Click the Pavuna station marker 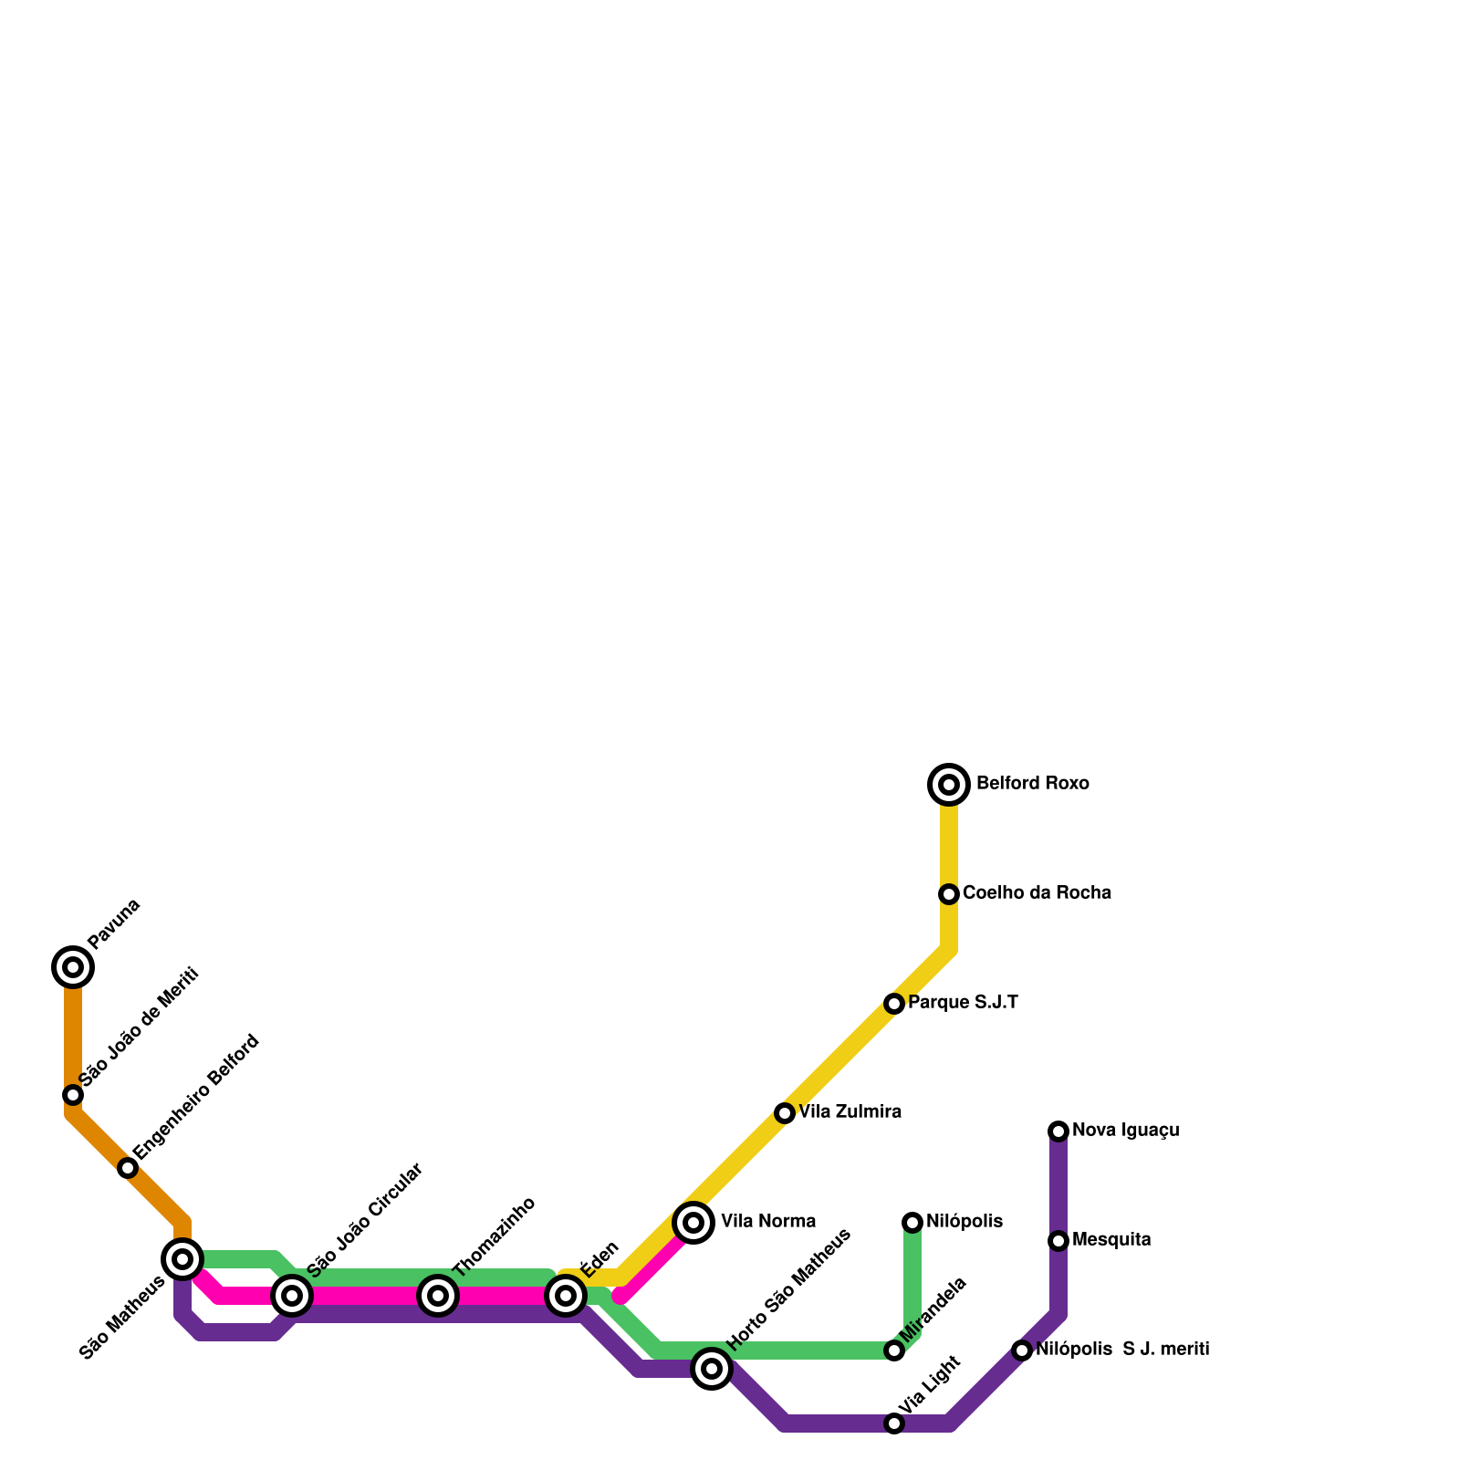[73, 967]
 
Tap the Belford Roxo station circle [949, 785]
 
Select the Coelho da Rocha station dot [949, 894]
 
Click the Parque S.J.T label [963, 1003]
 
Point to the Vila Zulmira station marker [785, 1113]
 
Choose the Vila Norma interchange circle [693, 1223]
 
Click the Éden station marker [566, 1296]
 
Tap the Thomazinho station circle [438, 1296]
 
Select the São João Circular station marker [292, 1296]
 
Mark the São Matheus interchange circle [182, 1259]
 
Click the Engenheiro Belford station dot [128, 1168]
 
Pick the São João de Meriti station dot [73, 1095]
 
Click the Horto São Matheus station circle [712, 1369]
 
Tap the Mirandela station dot [894, 1350]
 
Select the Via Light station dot [894, 1423]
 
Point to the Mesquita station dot [1058, 1241]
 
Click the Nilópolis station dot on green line [912, 1223]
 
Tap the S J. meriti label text [1165, 1350]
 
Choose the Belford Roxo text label [1032, 784]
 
